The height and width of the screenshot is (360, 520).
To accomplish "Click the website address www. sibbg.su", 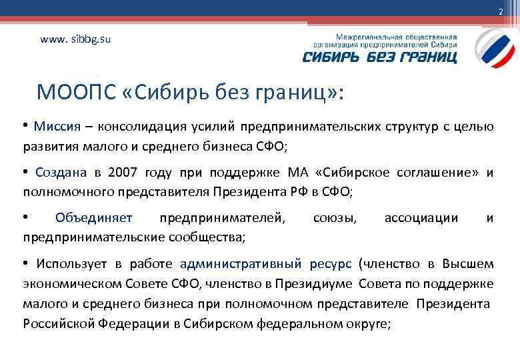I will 75,39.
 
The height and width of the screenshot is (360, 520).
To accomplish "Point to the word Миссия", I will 57,127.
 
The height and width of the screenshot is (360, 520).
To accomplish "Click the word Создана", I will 61,173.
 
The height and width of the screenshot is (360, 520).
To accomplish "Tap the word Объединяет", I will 94,218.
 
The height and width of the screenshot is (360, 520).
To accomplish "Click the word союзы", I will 335,218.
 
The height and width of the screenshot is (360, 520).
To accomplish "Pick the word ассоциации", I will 421,218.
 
